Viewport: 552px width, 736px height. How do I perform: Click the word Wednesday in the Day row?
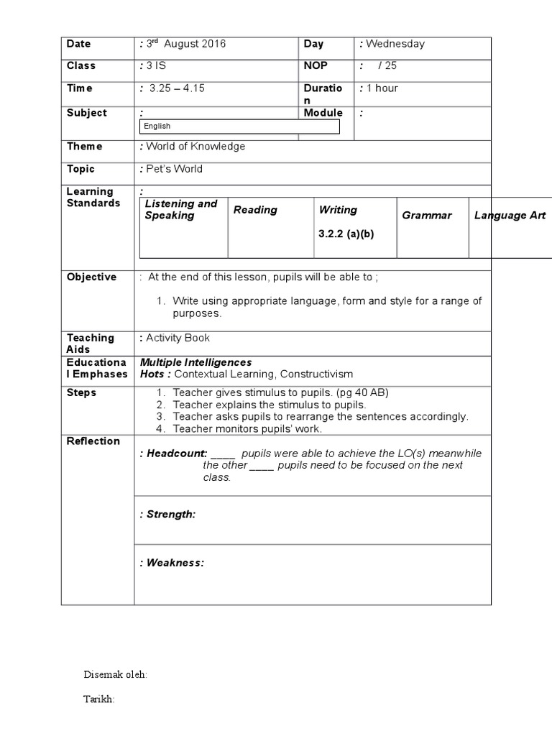(395, 44)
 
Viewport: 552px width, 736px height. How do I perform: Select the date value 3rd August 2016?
(186, 44)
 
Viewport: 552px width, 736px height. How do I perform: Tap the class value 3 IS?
(157, 65)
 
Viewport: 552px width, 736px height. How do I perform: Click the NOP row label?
(316, 65)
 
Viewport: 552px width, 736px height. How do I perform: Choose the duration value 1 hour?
(382, 88)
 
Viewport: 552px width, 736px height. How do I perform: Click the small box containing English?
(239, 126)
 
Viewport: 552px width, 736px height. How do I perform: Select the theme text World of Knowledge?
(195, 147)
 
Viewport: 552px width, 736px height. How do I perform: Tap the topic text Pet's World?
(174, 169)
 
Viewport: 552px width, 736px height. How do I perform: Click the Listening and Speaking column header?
(180, 209)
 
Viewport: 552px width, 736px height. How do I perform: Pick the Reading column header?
(255, 210)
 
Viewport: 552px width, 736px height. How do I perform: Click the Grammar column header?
(427, 216)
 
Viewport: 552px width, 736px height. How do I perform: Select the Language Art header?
(510, 216)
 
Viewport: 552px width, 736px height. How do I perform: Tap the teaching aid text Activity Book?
(178, 338)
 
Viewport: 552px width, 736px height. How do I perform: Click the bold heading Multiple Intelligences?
(195, 362)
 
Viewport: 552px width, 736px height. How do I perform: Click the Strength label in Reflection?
(170, 514)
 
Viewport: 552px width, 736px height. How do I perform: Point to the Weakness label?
(175, 563)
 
